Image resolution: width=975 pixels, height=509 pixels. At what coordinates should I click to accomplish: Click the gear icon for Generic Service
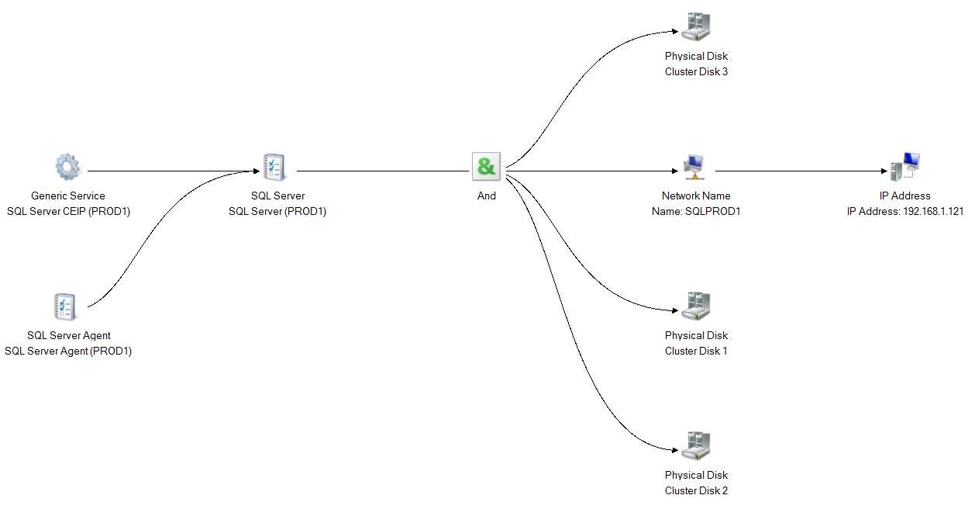pyautogui.click(x=67, y=167)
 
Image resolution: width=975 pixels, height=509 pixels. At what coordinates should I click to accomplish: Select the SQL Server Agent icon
pyautogui.click(x=64, y=306)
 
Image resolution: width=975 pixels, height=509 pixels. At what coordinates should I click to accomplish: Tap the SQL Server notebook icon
pyautogui.click(x=274, y=166)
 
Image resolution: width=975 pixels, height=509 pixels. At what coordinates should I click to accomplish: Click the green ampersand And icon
pyautogui.click(x=487, y=167)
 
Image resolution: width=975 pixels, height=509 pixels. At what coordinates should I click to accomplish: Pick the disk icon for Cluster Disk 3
pyautogui.click(x=696, y=28)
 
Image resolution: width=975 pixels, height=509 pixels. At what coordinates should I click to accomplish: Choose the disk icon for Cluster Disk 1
pyautogui.click(x=696, y=307)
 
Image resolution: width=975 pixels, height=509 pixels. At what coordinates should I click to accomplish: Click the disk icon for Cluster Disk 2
pyautogui.click(x=696, y=446)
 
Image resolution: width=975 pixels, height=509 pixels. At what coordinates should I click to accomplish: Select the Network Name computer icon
pyautogui.click(x=694, y=167)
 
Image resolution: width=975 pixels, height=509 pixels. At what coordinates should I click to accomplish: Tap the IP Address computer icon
pyautogui.click(x=904, y=167)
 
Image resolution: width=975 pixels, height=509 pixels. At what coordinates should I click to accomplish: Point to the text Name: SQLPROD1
pyautogui.click(x=696, y=211)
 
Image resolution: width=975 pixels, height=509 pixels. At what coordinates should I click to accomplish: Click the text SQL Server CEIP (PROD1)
pyautogui.click(x=68, y=211)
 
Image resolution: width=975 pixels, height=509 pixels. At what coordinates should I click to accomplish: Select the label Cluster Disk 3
pyautogui.click(x=696, y=71)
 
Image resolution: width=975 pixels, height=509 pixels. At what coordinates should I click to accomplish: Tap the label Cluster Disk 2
pyautogui.click(x=696, y=490)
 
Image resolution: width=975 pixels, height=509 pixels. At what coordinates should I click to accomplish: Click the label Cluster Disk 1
pyautogui.click(x=696, y=351)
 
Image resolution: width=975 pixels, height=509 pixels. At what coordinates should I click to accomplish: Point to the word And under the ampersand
pyautogui.click(x=487, y=196)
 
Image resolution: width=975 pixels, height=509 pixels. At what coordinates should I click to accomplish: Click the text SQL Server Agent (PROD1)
pyautogui.click(x=68, y=351)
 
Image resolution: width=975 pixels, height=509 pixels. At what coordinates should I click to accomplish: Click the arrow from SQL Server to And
pyautogui.click(x=380, y=171)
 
